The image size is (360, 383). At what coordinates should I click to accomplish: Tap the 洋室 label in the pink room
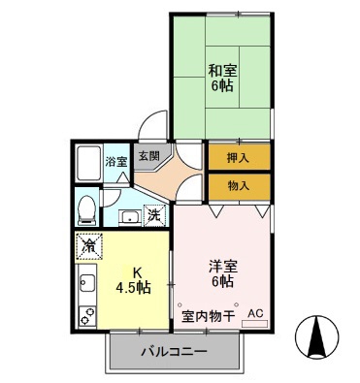pyautogui.click(x=222, y=271)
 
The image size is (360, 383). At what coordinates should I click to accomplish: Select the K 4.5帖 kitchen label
pyautogui.click(x=135, y=279)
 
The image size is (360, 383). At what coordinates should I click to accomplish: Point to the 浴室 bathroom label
pyautogui.click(x=115, y=162)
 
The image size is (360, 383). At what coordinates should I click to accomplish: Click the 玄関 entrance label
pyautogui.click(x=148, y=153)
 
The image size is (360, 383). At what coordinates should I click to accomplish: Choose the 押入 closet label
pyautogui.click(x=236, y=155)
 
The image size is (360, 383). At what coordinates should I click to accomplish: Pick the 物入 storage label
pyautogui.click(x=236, y=184)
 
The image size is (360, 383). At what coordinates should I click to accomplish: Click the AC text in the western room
pyautogui.click(x=255, y=314)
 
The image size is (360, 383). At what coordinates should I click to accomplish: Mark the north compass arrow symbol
pyautogui.click(x=316, y=338)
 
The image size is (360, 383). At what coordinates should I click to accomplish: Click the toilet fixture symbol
pyautogui.click(x=86, y=207)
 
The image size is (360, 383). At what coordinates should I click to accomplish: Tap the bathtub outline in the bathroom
pyautogui.click(x=89, y=162)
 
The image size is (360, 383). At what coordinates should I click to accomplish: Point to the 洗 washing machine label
pyautogui.click(x=153, y=216)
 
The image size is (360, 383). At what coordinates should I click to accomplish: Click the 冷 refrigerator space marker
pyautogui.click(x=90, y=247)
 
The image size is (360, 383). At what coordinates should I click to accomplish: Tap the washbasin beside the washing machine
pyautogui.click(x=127, y=217)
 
